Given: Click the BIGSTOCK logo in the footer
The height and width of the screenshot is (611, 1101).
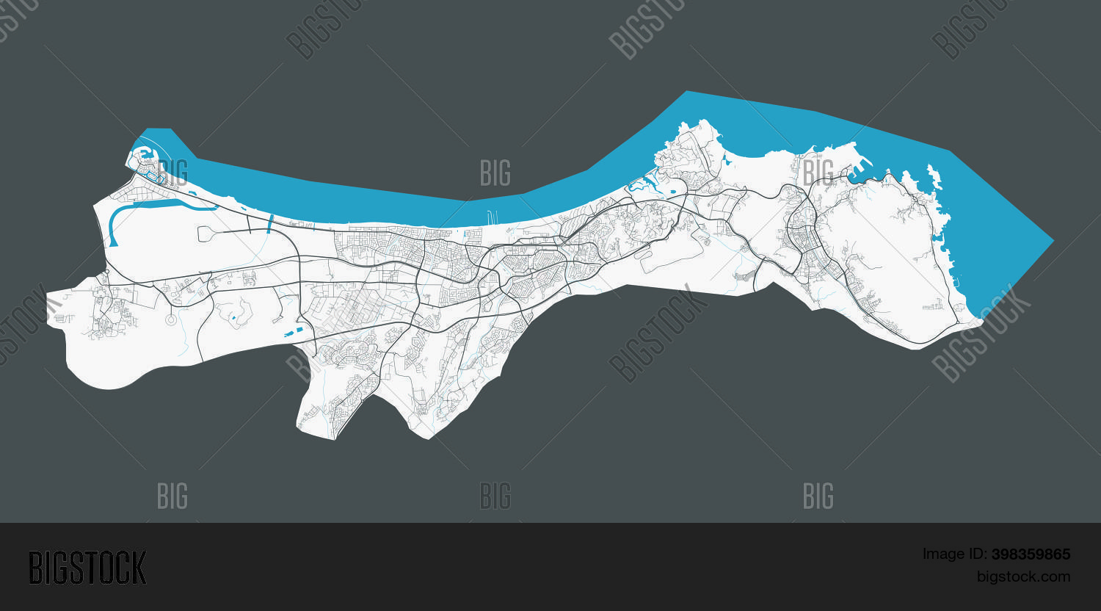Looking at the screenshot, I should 87,568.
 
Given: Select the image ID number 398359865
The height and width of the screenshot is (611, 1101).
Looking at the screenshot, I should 1031,554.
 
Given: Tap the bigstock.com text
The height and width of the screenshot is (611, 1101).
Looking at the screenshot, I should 1023,576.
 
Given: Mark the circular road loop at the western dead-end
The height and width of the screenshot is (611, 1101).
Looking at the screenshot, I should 171,319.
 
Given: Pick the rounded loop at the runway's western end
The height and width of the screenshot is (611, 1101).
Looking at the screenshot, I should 205,234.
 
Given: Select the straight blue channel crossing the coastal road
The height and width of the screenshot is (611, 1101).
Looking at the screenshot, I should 269,223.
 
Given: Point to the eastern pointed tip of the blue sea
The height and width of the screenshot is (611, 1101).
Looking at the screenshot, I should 1051,240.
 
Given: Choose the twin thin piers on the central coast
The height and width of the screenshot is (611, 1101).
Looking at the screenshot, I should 491,217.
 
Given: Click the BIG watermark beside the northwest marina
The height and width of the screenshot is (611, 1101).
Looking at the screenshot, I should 172,173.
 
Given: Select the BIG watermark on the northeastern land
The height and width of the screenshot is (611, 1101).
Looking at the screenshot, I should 818,173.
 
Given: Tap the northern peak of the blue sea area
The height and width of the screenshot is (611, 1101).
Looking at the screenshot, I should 687,93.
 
